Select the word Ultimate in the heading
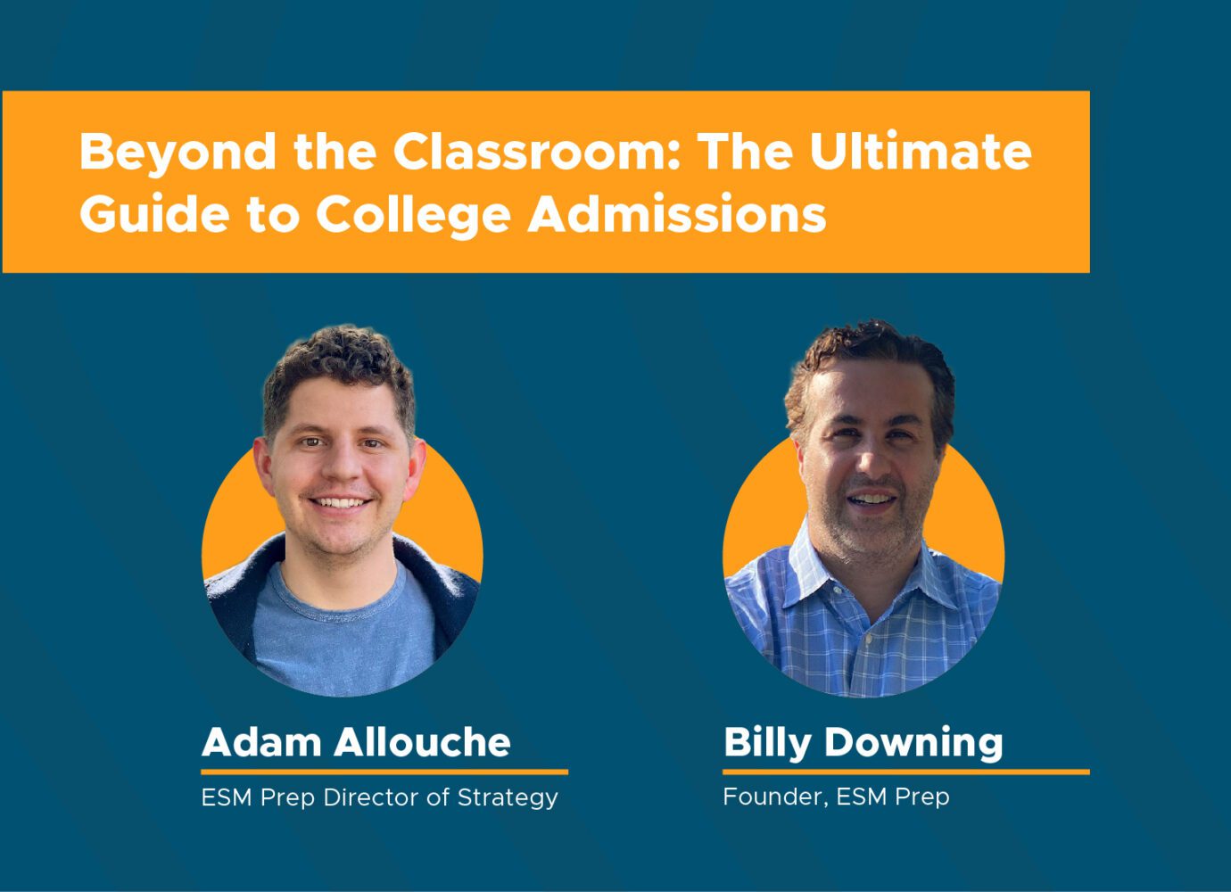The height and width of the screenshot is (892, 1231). click(921, 151)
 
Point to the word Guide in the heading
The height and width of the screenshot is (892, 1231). click(154, 213)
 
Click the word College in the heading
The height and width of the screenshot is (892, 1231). click(413, 217)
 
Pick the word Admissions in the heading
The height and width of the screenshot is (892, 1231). click(676, 213)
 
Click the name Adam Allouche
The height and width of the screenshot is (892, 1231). click(356, 742)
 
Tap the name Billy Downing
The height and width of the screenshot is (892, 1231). click(863, 744)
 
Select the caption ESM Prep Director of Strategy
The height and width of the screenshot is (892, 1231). click(380, 798)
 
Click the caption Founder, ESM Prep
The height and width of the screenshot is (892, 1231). click(837, 797)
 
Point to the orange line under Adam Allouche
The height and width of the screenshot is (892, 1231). click(384, 772)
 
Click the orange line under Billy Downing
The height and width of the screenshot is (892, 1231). click(906, 772)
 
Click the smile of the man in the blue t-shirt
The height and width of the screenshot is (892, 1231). click(339, 502)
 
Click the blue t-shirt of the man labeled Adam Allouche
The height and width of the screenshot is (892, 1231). click(343, 632)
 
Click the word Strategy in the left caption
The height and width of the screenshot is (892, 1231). click(508, 798)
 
